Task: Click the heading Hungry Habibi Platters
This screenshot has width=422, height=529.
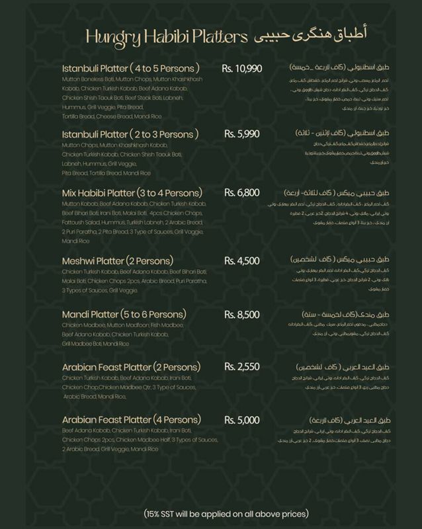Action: [166, 37]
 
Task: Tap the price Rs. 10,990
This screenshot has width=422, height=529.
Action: [241, 68]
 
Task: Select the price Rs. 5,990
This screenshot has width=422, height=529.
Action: [241, 134]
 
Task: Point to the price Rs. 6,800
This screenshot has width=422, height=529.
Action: [241, 193]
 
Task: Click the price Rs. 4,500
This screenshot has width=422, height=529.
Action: [241, 261]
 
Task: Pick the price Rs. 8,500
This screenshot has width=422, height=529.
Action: [241, 314]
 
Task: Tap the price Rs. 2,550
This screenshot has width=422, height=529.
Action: [241, 366]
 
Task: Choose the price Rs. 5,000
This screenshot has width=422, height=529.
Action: [241, 420]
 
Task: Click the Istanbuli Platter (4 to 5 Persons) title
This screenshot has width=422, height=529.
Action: [130, 68]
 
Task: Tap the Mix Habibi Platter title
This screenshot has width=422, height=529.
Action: [131, 193]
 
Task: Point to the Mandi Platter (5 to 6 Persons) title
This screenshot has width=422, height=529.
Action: [124, 314]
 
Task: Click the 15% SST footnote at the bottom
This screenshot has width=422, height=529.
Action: [226, 514]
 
